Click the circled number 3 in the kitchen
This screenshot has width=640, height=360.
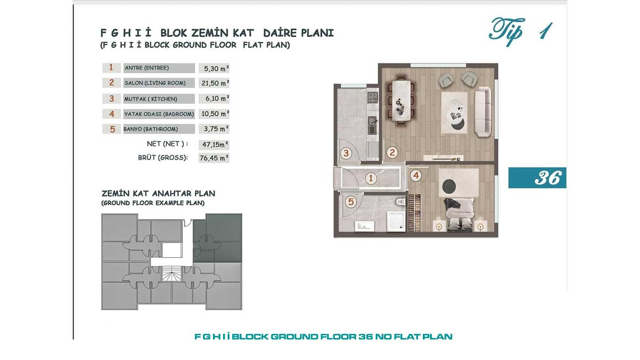pos(346,154)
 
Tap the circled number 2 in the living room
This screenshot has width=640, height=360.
pos(392,153)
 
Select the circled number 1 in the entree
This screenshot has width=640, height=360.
pos(371,179)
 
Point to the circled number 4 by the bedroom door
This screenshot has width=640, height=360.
pos(416,175)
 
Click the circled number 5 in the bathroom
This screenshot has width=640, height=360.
pos(351,202)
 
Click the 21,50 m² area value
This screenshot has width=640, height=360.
pos(215,83)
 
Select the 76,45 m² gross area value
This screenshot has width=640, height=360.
pos(214,158)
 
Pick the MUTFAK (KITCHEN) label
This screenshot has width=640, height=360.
pos(150,99)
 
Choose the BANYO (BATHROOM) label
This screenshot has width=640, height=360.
pos(150,129)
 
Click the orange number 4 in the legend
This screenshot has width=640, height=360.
pos(112,114)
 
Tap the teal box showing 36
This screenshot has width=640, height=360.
pos(537,178)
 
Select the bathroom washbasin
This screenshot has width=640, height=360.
pos(364,226)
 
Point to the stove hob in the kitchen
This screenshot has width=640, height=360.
pos(372,97)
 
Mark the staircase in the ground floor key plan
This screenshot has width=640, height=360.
pos(171,274)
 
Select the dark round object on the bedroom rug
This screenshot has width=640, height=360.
pos(449,186)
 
